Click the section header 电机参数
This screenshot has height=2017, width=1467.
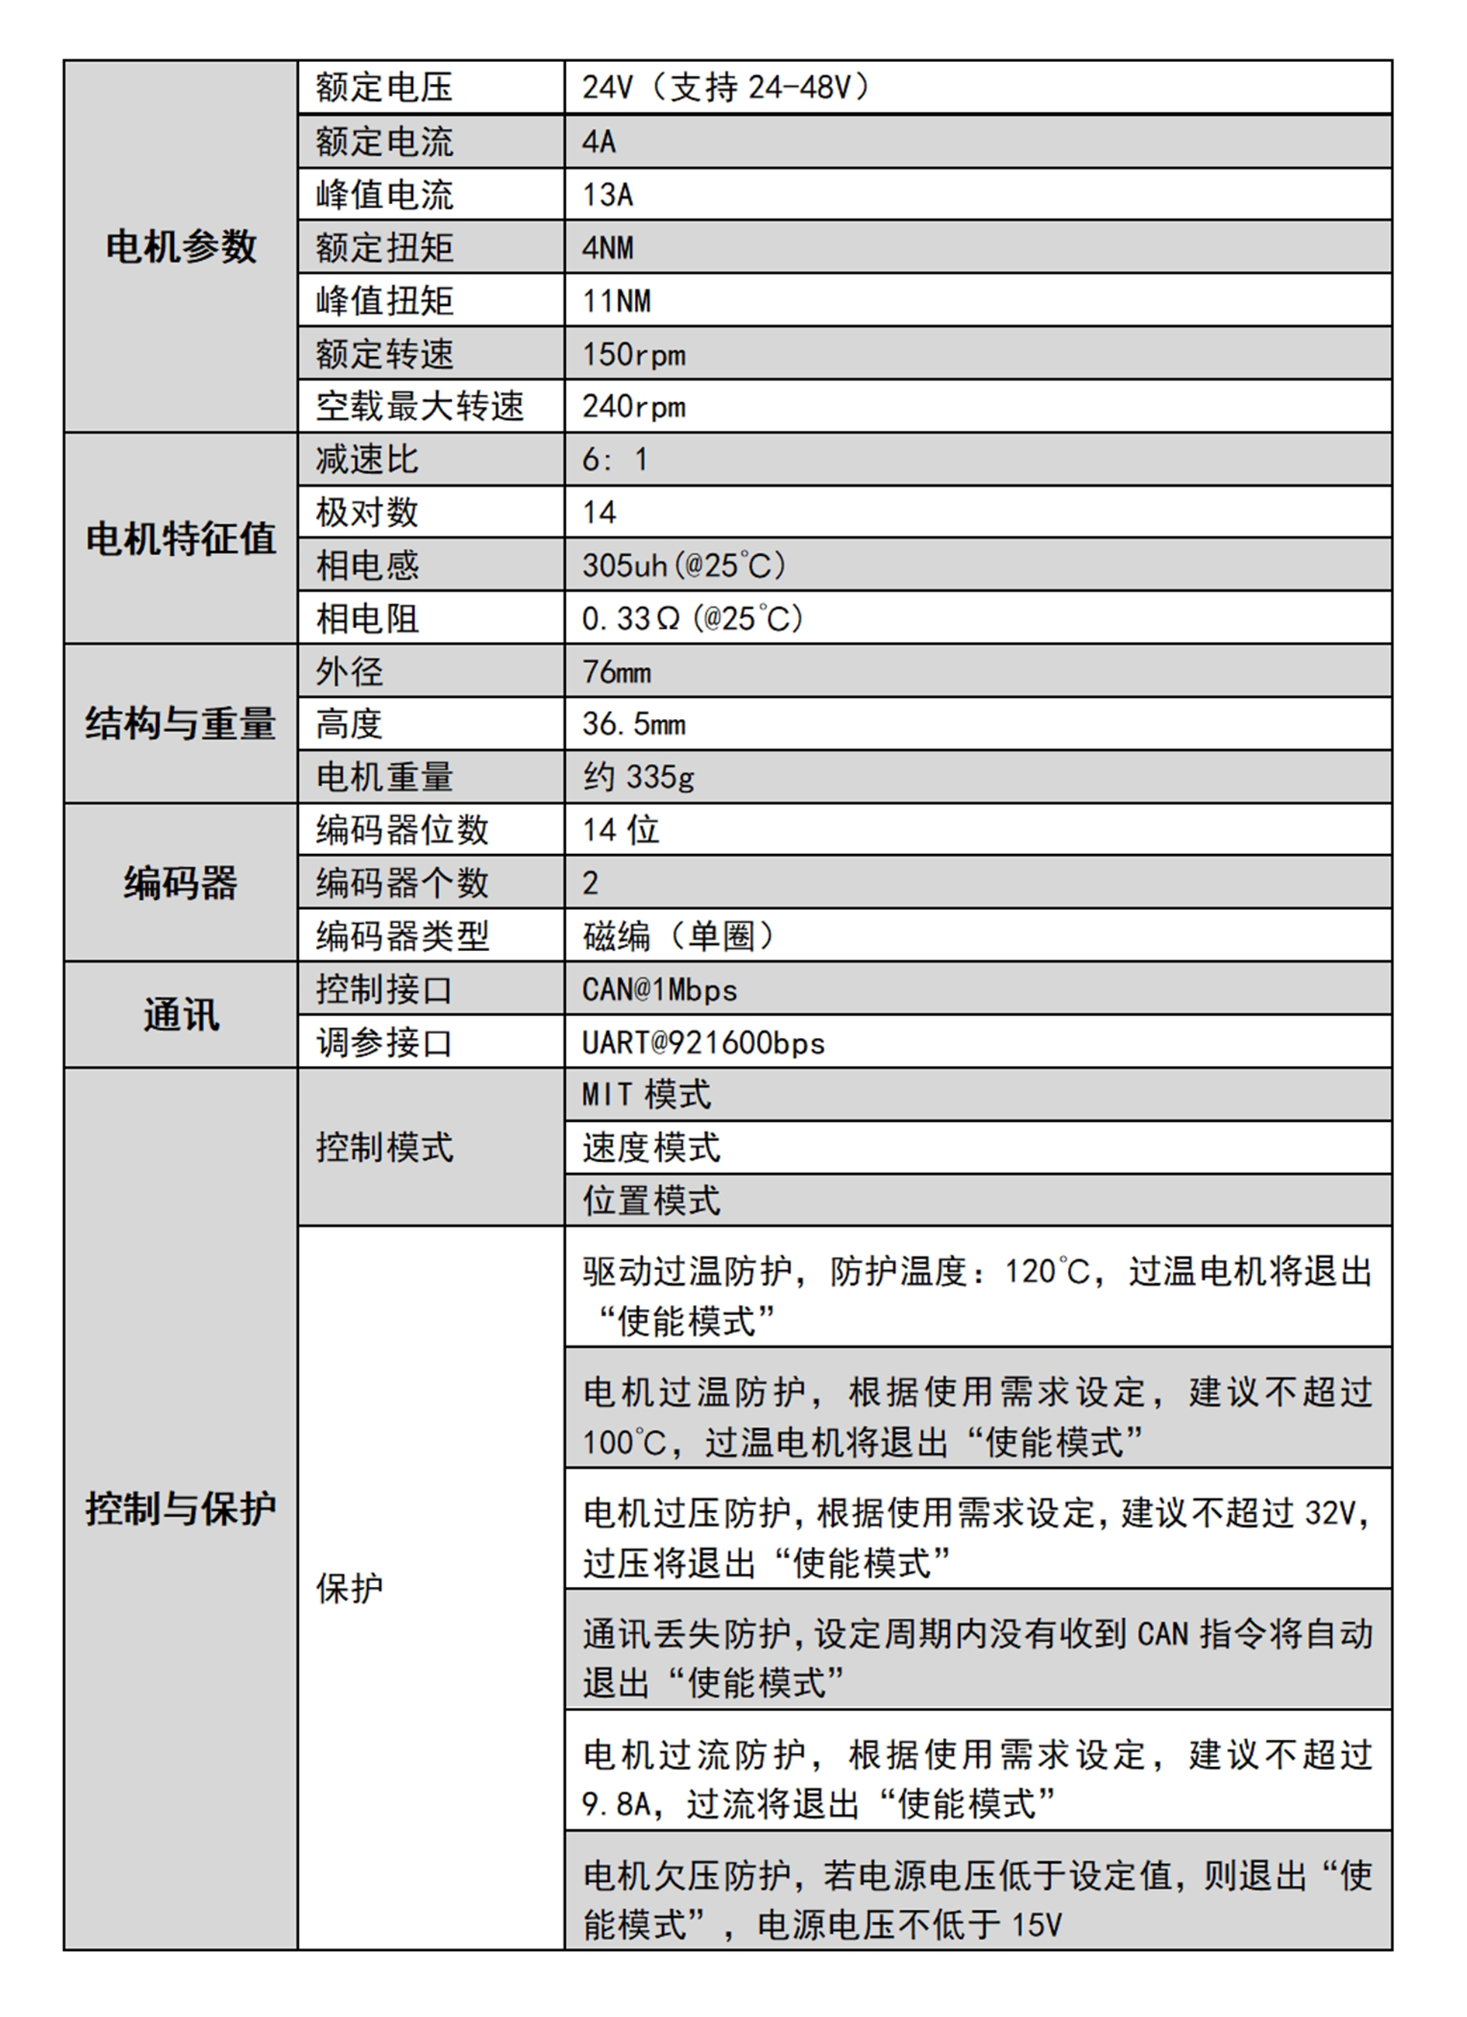(181, 246)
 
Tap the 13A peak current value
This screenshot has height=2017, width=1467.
(607, 195)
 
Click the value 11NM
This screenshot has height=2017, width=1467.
(616, 301)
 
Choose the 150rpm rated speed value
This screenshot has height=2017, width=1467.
(633, 355)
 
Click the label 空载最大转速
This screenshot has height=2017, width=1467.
(420, 406)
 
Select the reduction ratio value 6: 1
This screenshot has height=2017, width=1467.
(615, 460)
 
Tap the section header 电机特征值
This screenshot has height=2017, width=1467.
(181, 539)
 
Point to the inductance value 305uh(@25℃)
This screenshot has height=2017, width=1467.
(684, 566)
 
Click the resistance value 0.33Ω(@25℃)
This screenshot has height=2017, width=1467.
(692, 618)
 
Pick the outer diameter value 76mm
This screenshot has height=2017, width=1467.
(616, 672)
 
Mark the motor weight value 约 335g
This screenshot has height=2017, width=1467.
(638, 777)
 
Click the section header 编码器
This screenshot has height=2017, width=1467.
(181, 883)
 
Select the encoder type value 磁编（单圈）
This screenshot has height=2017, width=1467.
(679, 936)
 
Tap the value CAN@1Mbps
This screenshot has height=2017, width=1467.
(660, 990)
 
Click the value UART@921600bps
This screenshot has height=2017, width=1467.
(703, 1043)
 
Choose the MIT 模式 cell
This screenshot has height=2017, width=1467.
(647, 1095)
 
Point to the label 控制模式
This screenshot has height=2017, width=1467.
(384, 1147)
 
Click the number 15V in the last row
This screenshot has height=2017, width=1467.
(1037, 1925)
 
